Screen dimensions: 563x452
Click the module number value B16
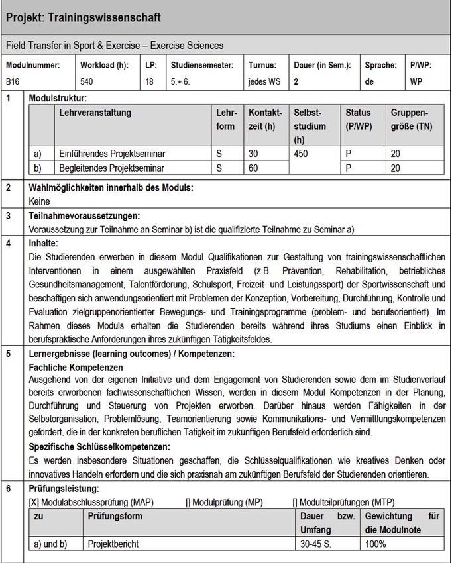tap(13, 82)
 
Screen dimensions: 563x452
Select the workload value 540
tap(87, 82)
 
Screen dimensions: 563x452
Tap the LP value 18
tap(150, 82)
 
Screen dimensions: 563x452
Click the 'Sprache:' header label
tap(380, 65)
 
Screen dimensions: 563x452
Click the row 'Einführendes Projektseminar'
tap(112, 154)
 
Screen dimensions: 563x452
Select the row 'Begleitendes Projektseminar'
tap(111, 168)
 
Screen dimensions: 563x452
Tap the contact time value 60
tap(254, 168)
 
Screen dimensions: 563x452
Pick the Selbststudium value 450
tap(302, 154)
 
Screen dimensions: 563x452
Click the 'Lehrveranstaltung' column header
tap(95, 113)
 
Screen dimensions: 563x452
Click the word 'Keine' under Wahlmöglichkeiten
tap(40, 201)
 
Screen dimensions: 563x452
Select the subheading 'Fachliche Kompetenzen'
tap(76, 367)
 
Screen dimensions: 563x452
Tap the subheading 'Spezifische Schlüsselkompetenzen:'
tap(100, 447)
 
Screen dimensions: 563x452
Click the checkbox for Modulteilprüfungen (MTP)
tap(295, 503)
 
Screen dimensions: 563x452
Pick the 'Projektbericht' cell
tap(113, 544)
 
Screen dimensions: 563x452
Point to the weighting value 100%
tap(376, 544)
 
